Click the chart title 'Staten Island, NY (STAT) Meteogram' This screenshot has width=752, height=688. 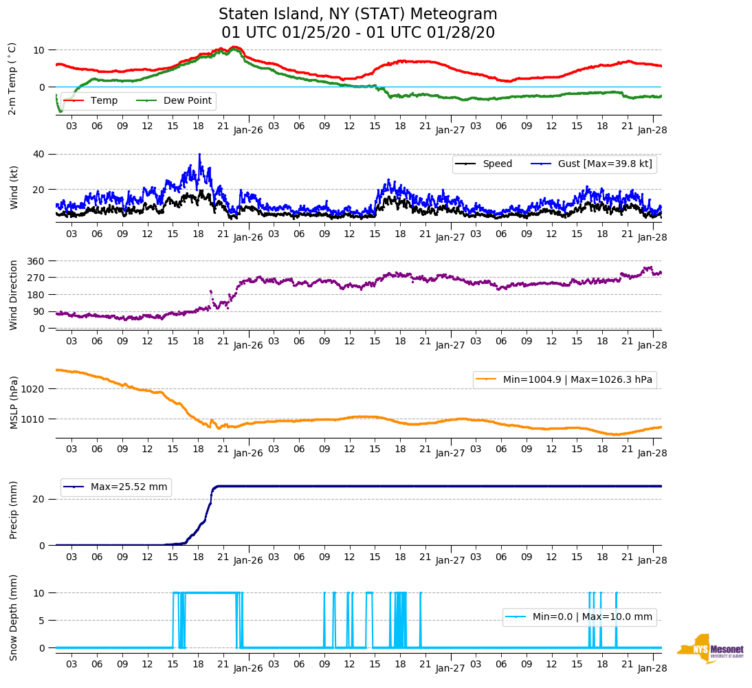click(357, 14)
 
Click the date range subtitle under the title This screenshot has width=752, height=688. click(357, 33)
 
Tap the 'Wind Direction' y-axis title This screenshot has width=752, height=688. click(14, 294)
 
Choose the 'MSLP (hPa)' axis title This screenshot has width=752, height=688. click(14, 403)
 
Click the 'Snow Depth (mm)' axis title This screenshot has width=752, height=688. click(14, 617)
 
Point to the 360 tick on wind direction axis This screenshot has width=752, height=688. click(36, 261)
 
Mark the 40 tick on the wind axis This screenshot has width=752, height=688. click(38, 154)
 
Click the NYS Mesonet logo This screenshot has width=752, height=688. click(711, 649)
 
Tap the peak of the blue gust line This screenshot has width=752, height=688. click(199, 155)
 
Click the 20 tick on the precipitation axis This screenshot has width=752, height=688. click(38, 499)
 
